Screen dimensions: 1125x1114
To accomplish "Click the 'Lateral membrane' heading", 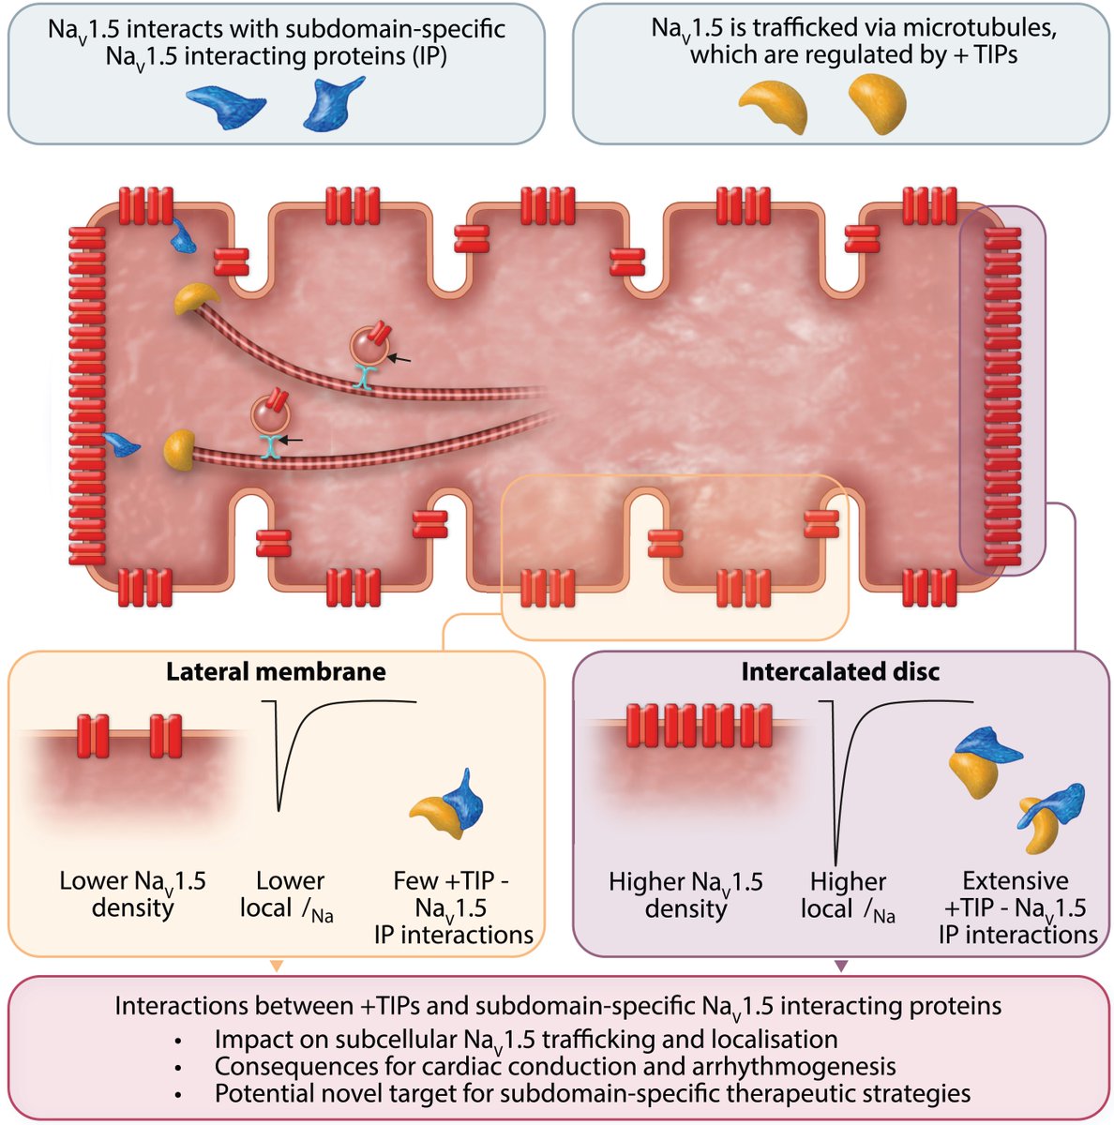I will click(276, 672).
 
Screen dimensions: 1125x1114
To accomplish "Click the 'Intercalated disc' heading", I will click(840, 672).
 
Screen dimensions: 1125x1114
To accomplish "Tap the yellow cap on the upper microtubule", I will click(195, 298).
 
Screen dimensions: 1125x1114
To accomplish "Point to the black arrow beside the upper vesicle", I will click(399, 357).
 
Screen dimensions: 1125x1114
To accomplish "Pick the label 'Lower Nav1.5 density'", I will click(132, 894).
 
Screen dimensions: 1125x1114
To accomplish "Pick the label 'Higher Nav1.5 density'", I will click(685, 895).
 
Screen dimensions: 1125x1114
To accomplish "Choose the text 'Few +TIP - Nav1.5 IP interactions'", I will click(453, 907).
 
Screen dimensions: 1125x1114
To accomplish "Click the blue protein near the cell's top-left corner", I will click(183, 235).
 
